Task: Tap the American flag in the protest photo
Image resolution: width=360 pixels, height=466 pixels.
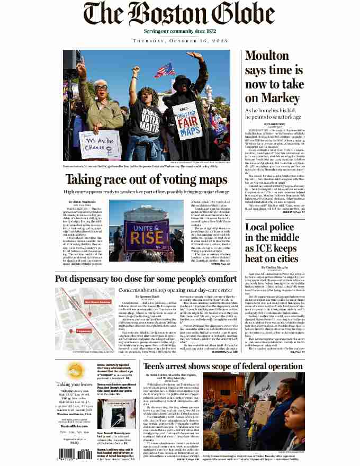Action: (164, 70)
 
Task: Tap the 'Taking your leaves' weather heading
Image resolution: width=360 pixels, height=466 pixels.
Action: (70, 399)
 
